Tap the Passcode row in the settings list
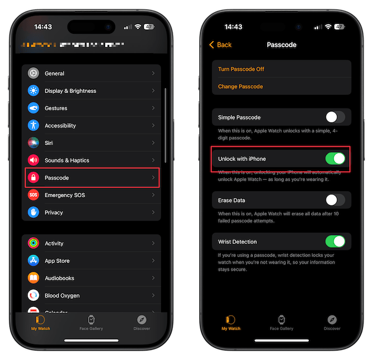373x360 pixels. [x=92, y=178]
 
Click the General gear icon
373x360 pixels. [x=34, y=74]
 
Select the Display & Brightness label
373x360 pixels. [x=70, y=91]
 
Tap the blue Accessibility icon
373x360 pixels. [x=34, y=126]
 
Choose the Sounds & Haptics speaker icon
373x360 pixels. [x=34, y=161]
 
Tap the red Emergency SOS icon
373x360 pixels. [x=34, y=195]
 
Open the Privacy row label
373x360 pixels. [x=54, y=213]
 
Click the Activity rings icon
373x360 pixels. [x=34, y=243]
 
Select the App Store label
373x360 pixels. [x=57, y=261]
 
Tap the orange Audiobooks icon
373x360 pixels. [x=34, y=278]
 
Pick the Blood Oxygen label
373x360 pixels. [x=62, y=296]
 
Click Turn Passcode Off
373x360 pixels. [x=241, y=69]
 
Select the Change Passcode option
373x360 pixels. [x=240, y=87]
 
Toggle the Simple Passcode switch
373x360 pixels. [x=335, y=117]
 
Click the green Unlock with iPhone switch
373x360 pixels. [x=335, y=159]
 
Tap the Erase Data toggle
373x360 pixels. [x=335, y=200]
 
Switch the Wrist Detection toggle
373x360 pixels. [x=335, y=241]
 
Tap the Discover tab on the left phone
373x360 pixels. [x=142, y=322]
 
